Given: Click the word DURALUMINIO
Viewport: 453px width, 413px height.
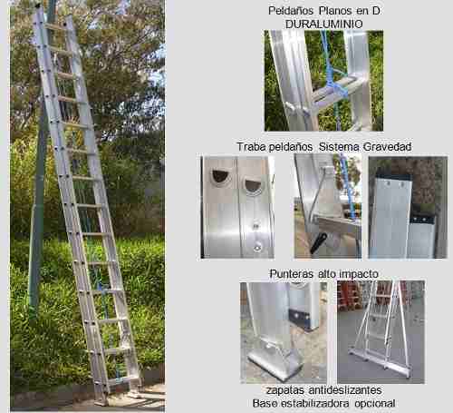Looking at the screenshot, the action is [323, 25].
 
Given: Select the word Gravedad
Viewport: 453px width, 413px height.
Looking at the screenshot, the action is [387, 147].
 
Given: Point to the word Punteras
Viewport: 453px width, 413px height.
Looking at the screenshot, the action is [291, 274].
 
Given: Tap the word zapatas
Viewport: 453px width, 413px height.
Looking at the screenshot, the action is [285, 390].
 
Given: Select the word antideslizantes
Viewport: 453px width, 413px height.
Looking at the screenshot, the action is [345, 390].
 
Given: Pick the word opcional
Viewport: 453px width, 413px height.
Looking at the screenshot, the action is [375, 404].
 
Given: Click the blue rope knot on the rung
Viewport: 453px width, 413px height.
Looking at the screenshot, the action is [337, 88].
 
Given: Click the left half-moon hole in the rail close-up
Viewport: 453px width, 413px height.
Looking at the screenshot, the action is [221, 176].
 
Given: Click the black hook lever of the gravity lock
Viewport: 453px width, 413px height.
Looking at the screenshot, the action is [318, 242].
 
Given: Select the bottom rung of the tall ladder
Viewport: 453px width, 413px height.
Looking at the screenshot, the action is [120, 379].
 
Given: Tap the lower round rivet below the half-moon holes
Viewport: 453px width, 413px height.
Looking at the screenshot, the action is [257, 248].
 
